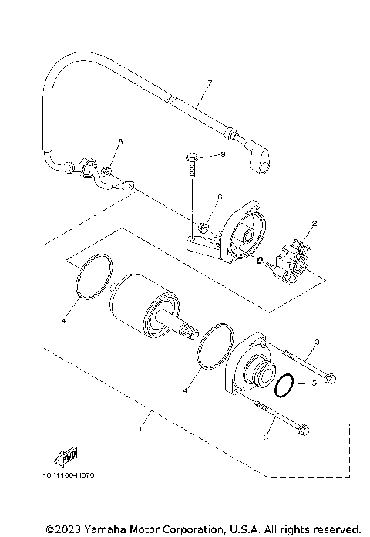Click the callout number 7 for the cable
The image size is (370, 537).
209,83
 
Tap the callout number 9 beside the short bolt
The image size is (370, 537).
222,155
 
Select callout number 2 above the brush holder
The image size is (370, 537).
314,225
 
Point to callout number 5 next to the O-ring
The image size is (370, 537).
314,383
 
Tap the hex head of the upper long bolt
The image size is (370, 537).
329,378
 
